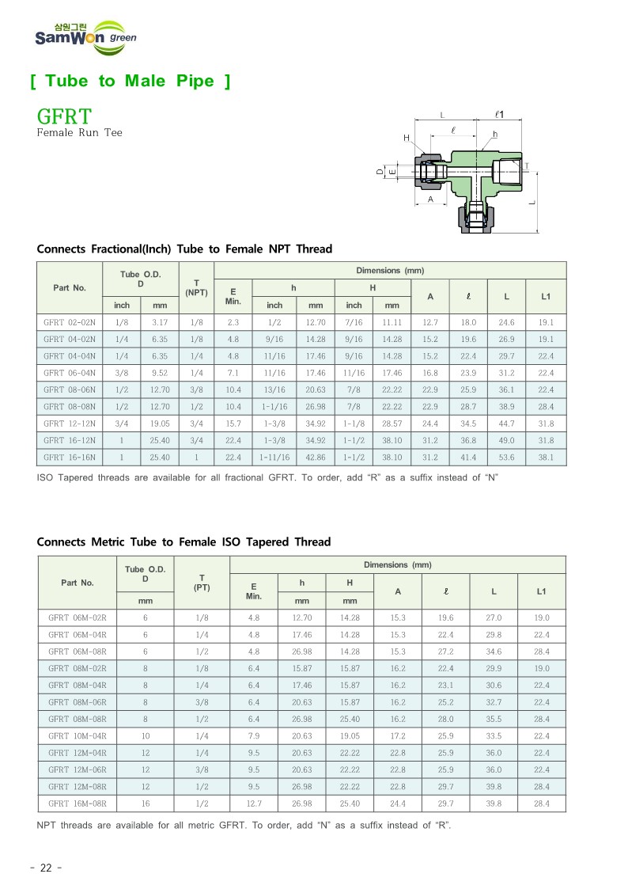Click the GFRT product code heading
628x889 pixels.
click(x=64, y=117)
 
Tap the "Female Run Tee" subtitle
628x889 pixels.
click(x=80, y=133)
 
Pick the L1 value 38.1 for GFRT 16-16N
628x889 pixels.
click(x=546, y=457)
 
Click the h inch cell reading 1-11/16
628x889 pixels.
click(x=274, y=457)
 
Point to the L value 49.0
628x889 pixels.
click(x=507, y=440)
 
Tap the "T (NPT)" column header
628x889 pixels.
click(x=196, y=288)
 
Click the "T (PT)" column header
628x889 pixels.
click(x=202, y=582)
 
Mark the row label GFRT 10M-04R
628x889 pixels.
click(x=77, y=735)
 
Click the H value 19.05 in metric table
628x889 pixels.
click(x=350, y=735)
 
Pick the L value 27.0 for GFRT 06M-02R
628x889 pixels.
click(x=494, y=617)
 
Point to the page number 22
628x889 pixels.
click(x=46, y=868)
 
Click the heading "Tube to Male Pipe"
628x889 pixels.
click(x=131, y=82)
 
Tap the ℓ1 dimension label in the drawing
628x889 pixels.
click(x=499, y=115)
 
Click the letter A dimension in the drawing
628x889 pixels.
click(x=430, y=199)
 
